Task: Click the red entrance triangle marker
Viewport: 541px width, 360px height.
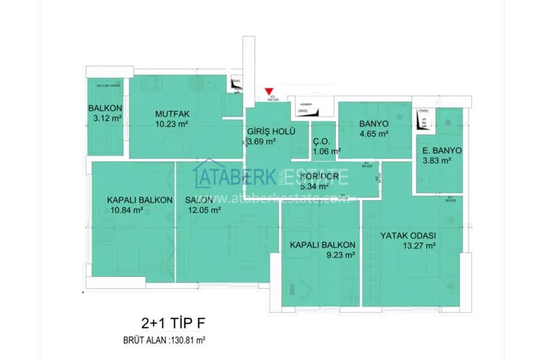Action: click(x=269, y=92)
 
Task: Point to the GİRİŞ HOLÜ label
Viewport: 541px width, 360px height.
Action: click(x=270, y=132)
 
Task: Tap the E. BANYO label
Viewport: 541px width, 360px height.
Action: click(x=442, y=151)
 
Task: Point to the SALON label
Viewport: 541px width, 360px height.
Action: click(x=199, y=200)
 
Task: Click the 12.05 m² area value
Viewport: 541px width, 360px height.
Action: click(x=203, y=211)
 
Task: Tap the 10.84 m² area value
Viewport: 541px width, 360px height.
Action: click(x=125, y=211)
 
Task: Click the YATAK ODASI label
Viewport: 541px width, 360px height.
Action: click(x=408, y=235)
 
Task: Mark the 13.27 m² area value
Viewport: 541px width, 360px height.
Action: click(x=419, y=246)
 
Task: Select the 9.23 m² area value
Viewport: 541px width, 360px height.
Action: click(x=339, y=255)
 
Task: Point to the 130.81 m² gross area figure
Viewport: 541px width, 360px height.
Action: click(x=188, y=340)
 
